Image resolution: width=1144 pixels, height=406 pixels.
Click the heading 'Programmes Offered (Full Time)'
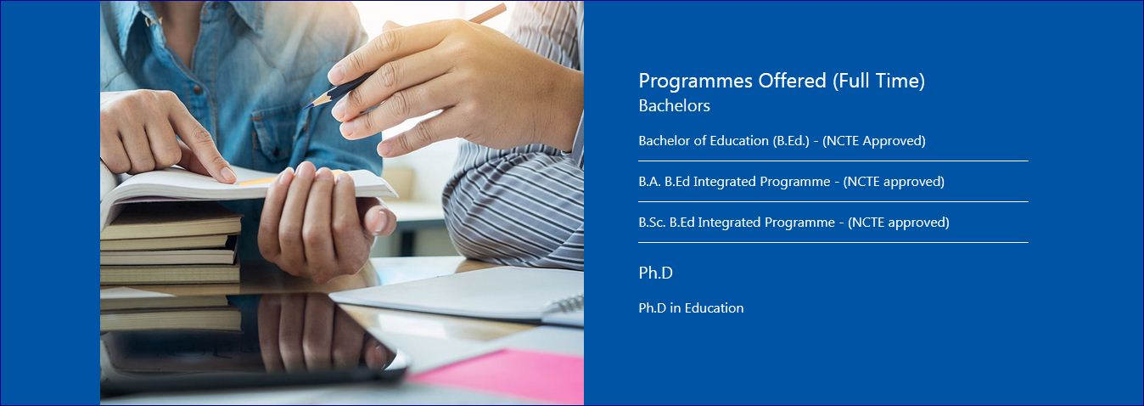[x=782, y=81]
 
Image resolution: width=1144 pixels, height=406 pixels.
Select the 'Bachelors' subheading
[x=674, y=105]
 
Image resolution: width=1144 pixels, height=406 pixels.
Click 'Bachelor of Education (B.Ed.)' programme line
[x=782, y=141]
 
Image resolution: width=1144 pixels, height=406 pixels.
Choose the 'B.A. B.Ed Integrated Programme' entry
[x=791, y=182]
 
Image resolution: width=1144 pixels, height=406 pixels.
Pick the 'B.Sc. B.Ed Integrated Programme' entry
[x=794, y=223]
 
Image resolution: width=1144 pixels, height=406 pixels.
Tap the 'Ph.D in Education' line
[x=691, y=307]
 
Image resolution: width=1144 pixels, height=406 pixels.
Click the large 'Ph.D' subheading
[x=655, y=273]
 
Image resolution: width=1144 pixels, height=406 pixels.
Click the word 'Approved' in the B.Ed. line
[x=894, y=141]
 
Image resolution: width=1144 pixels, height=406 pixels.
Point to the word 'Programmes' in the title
[x=696, y=81]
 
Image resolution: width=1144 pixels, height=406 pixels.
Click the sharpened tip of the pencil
[x=306, y=107]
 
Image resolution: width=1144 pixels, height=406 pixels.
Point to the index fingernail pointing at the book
[x=227, y=174]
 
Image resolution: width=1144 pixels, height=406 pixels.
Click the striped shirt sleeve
[x=513, y=205]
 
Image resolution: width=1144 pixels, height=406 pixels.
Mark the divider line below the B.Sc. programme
[x=833, y=242]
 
